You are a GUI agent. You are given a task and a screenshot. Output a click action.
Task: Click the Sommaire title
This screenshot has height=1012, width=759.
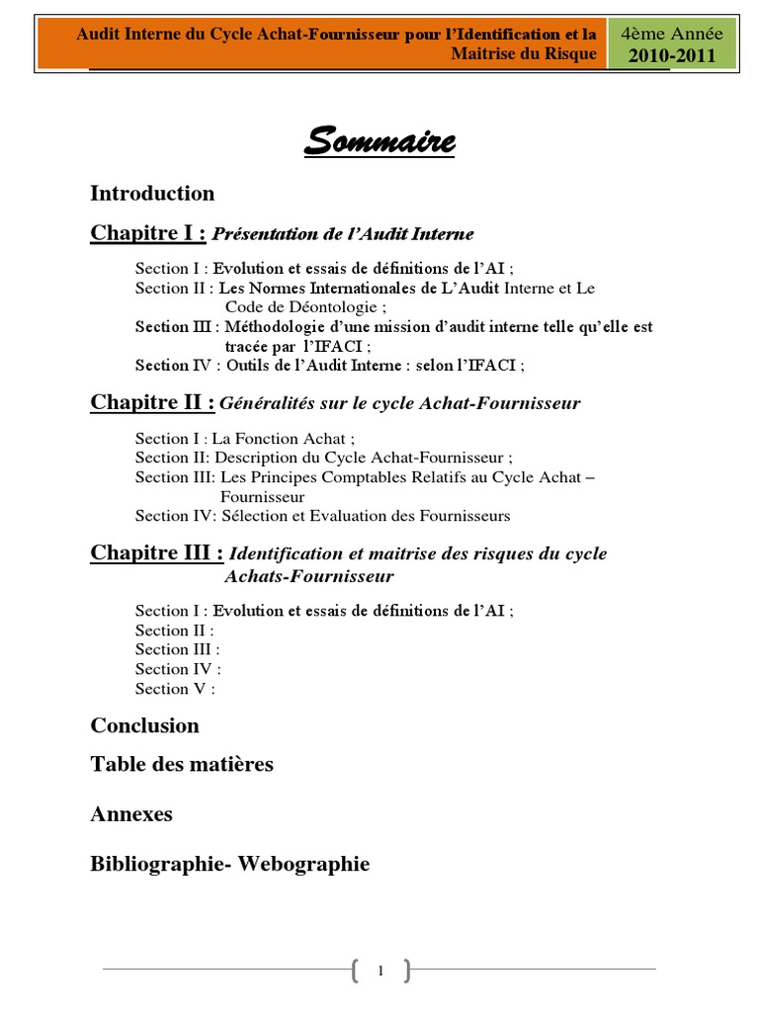379,142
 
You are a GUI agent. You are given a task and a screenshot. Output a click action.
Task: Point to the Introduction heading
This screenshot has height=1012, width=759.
152,193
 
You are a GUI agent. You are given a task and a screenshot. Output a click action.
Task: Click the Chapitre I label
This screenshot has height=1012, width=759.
148,233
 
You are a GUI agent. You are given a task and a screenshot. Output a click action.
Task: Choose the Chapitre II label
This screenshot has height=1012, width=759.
152,402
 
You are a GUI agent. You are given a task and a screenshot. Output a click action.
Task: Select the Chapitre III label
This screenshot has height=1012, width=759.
156,552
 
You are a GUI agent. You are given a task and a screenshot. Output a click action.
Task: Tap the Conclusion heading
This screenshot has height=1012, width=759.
144,725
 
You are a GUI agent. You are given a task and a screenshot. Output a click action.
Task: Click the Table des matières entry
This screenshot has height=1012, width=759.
182,764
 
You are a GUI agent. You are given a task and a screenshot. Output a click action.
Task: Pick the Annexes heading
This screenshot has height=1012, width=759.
131,814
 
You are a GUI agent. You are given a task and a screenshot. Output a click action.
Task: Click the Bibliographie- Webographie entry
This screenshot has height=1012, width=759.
229,864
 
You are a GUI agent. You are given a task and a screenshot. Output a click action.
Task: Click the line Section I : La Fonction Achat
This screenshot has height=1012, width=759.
244,439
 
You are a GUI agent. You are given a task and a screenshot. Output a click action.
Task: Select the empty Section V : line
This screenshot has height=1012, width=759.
175,689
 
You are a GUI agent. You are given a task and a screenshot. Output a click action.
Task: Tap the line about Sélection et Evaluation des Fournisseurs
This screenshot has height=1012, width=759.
322,516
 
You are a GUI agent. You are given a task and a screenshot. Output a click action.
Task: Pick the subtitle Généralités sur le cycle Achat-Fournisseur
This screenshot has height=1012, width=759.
399,403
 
